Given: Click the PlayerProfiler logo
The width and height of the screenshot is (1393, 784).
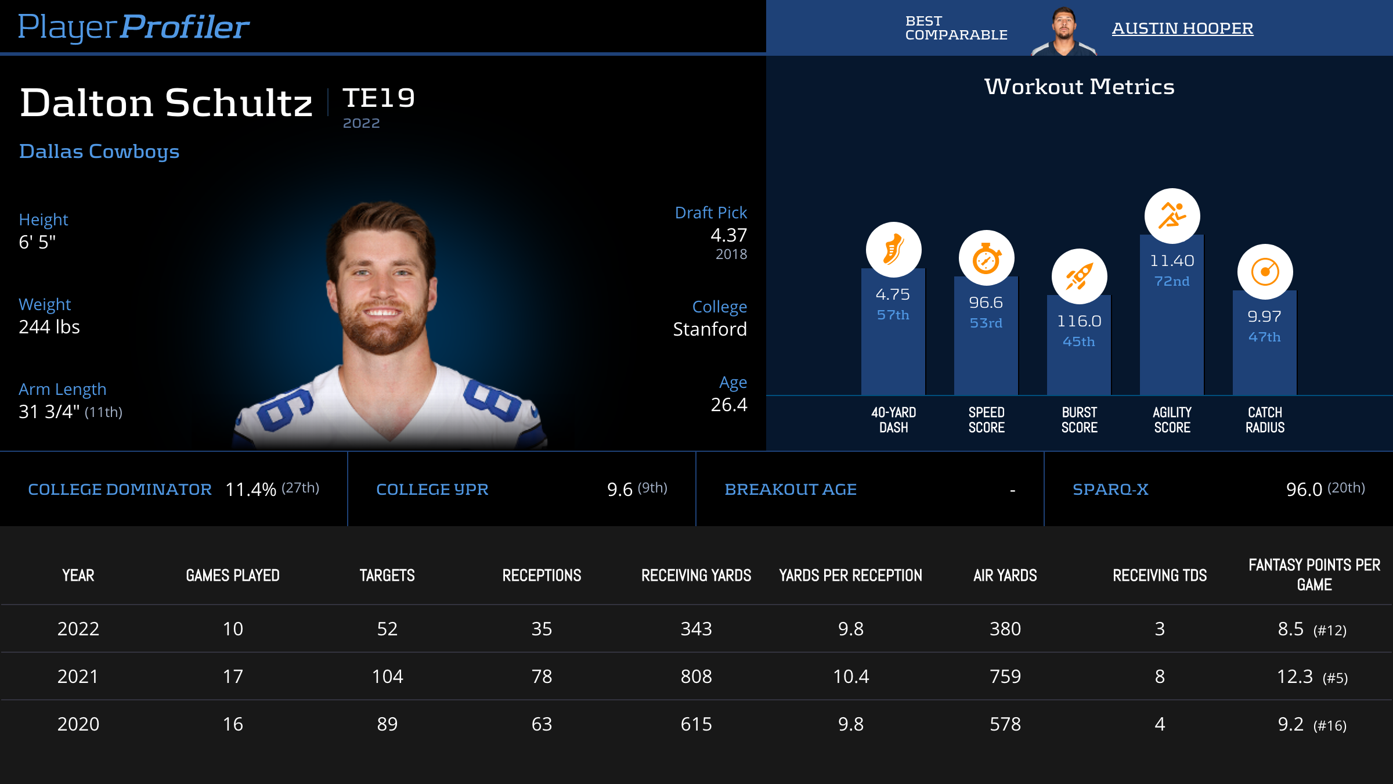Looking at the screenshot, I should tap(133, 27).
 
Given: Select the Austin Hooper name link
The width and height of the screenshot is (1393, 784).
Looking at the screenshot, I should tap(1182, 28).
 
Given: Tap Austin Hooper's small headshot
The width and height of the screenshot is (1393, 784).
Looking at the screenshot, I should tap(1063, 31).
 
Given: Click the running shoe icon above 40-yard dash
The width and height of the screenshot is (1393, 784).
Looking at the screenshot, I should tap(893, 250).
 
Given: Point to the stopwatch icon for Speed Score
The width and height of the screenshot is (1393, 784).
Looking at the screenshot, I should tap(986, 258).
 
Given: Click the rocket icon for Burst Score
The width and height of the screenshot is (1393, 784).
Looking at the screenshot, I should tap(1079, 276).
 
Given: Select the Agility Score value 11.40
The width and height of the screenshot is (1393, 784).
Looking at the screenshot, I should tap(1172, 261).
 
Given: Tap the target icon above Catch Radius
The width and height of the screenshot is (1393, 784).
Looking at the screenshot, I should tap(1265, 272).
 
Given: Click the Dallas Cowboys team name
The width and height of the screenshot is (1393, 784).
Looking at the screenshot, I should tap(99, 151).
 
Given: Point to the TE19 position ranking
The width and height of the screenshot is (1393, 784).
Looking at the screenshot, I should tap(378, 98).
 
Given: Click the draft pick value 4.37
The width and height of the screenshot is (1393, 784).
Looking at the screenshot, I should tap(728, 235).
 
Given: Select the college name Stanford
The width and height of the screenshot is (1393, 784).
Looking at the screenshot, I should tap(709, 329).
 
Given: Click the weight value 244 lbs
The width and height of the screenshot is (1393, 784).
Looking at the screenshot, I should tap(49, 327).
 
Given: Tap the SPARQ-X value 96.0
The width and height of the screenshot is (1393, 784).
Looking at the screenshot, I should tap(1304, 490).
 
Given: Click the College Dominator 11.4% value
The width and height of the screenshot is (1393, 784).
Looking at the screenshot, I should tap(251, 490).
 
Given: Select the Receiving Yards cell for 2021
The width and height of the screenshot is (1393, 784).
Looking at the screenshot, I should tap(696, 677).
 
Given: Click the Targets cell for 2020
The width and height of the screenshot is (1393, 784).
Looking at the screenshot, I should tap(387, 724).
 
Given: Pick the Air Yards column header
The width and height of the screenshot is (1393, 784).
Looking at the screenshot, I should tap(1005, 576).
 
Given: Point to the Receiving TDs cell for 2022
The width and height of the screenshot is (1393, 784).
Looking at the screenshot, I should tap(1159, 629).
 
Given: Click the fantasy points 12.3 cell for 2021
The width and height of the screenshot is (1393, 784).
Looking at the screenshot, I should tap(1295, 677).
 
